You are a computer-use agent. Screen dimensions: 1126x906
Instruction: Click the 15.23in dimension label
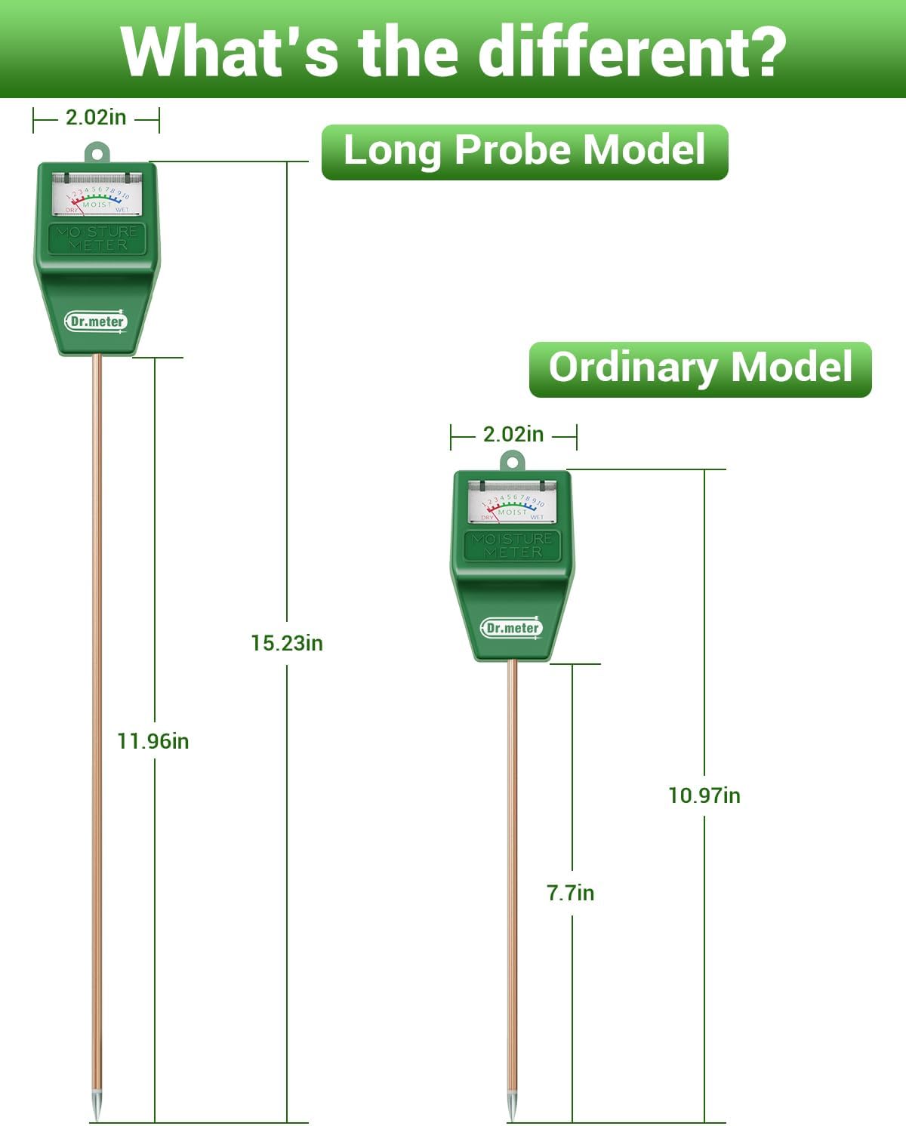click(x=286, y=643)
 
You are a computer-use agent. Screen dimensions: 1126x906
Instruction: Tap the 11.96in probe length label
click(x=153, y=741)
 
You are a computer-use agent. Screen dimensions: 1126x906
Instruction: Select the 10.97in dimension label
click(x=704, y=795)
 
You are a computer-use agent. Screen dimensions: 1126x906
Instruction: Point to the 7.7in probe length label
click(x=570, y=893)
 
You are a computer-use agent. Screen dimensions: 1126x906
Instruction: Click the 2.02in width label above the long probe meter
click(x=96, y=118)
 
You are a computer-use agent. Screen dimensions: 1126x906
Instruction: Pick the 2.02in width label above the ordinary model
click(x=513, y=435)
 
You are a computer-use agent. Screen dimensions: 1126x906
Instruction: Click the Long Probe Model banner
click(x=525, y=152)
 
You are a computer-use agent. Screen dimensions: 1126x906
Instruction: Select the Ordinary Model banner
click(x=700, y=369)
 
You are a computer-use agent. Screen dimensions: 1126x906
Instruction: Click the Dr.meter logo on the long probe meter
click(x=96, y=321)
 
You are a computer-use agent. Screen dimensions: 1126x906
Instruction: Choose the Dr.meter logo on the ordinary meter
click(x=512, y=628)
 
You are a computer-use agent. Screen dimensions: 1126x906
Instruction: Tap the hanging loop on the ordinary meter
click(x=513, y=460)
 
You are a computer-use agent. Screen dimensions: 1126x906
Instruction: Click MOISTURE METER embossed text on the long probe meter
click(x=97, y=238)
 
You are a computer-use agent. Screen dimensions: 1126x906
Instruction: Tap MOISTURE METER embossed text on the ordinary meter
click(x=513, y=545)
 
